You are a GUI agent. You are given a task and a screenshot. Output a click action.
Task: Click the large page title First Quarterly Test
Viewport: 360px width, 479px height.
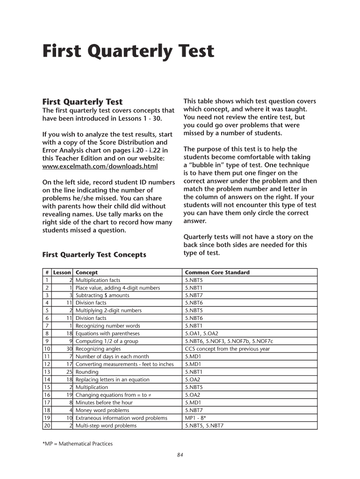pyautogui.click(x=128, y=52)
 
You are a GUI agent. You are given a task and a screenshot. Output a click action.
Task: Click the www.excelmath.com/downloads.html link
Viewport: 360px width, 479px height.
pyautogui.click(x=100, y=166)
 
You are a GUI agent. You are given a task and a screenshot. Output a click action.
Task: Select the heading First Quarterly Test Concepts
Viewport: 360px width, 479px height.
pyautogui.click(x=94, y=254)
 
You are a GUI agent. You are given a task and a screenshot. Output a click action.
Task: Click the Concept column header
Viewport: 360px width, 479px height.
pyautogui.click(x=86, y=272)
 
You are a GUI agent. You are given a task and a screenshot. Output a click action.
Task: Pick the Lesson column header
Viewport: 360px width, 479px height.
pyautogui.click(x=62, y=272)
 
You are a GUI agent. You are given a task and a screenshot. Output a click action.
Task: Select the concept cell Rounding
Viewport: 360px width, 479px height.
pyautogui.click(x=87, y=372)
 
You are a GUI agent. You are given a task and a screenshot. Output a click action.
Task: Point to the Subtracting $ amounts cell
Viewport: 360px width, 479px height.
pyautogui.click(x=102, y=295)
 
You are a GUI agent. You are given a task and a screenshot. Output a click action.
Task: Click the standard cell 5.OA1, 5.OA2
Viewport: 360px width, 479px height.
pyautogui.click(x=202, y=334)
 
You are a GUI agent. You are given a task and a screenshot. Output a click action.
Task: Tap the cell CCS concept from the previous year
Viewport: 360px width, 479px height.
pyautogui.click(x=227, y=349)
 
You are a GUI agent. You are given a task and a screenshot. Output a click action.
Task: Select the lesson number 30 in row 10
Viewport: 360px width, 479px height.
pyautogui.click(x=68, y=349)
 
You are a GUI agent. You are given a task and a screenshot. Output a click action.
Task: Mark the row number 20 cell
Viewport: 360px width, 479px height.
pyautogui.click(x=47, y=426)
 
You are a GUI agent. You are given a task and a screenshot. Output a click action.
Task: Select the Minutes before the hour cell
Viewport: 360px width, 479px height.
pyautogui.click(x=104, y=402)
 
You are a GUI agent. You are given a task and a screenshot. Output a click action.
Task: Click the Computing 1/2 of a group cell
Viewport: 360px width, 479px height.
pyautogui.click(x=107, y=341)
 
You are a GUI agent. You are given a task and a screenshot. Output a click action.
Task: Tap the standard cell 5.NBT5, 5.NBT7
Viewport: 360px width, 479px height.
pyautogui.click(x=204, y=426)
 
